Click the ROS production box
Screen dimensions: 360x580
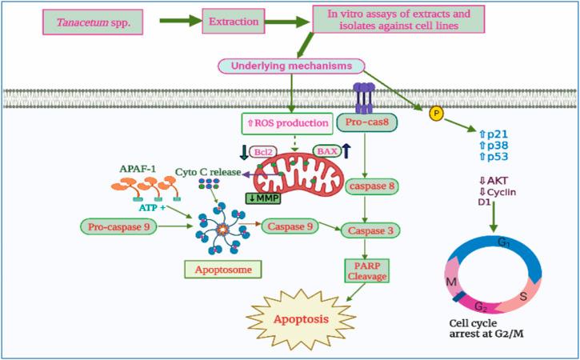pyautogui.click(x=285, y=123)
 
